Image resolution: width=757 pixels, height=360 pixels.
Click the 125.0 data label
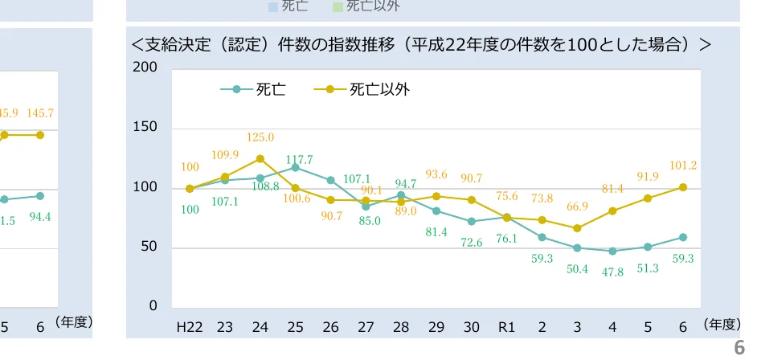point(260,137)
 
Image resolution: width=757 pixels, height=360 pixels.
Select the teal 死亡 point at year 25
point(296,167)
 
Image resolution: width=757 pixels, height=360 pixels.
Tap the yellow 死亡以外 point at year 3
point(577,228)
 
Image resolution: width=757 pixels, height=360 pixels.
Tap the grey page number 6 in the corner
point(739,348)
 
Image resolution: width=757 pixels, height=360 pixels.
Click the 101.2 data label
point(683,166)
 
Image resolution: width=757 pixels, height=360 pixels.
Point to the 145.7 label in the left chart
point(40,113)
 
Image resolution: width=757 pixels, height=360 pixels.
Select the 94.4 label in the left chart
point(40,216)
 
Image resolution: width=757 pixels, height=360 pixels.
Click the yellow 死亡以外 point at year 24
point(260,158)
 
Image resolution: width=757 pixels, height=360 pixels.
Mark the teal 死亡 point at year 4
point(612,251)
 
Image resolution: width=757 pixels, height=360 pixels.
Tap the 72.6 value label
point(471,243)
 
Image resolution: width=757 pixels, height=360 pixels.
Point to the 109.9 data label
point(225,155)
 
